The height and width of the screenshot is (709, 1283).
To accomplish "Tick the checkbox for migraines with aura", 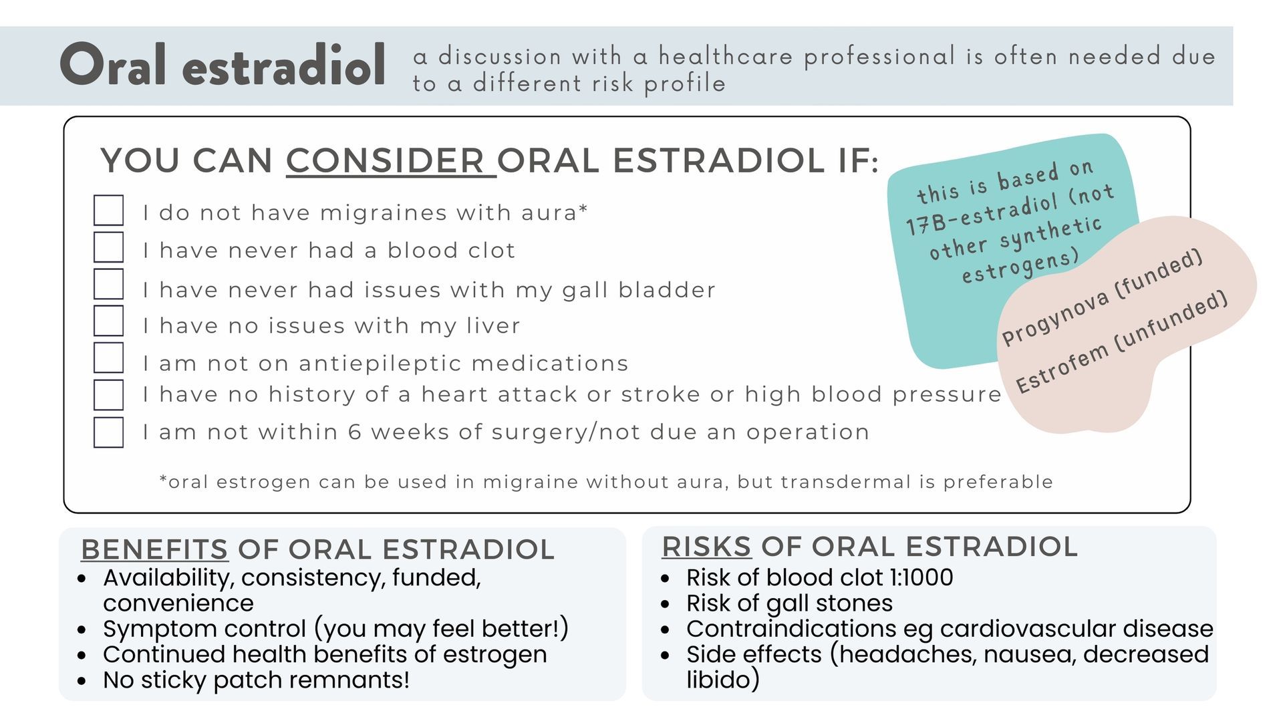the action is tap(108, 210).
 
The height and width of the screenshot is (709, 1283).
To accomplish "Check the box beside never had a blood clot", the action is tap(108, 247).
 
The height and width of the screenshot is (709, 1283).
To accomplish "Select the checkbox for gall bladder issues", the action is tap(108, 284).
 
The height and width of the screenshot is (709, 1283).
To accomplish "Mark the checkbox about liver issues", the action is tap(108, 321).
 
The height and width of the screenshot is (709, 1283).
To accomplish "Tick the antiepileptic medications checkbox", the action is tap(108, 358).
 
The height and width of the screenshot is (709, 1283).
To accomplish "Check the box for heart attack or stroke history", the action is tap(108, 394).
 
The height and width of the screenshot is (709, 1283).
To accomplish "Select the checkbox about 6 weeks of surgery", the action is tap(108, 432).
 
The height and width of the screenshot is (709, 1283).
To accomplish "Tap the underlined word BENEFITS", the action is tap(154, 549).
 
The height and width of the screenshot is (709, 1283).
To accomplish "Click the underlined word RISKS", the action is tap(707, 547).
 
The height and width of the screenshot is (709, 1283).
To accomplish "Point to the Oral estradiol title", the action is tap(223, 65).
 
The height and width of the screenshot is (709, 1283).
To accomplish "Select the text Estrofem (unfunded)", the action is tap(1122, 341).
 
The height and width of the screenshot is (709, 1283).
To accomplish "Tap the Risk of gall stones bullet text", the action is tap(789, 603).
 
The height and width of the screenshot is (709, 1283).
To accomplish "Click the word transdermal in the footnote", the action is tap(833, 482).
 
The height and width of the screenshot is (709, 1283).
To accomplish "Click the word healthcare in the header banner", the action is tap(726, 56).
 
